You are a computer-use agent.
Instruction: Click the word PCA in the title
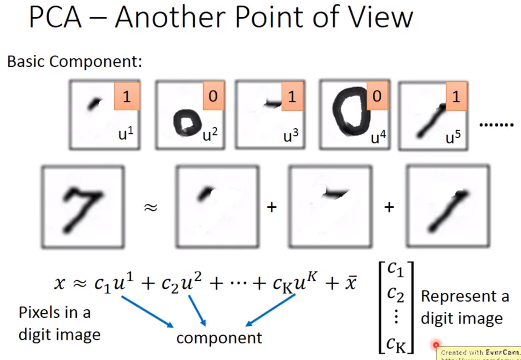coord(55,17)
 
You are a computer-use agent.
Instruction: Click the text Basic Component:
coord(74,61)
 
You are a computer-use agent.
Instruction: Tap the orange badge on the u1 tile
coord(126,96)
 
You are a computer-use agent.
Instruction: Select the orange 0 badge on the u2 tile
coord(213,96)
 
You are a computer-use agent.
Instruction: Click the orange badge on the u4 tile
coord(377,96)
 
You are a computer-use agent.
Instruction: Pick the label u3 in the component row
coord(291,136)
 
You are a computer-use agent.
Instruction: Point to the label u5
coord(453,137)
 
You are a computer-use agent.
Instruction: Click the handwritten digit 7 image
coord(83,207)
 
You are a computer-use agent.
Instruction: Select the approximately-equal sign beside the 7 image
coord(150,207)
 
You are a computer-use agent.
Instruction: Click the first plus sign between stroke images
coord(271,207)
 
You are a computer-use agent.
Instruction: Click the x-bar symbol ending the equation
coord(351,284)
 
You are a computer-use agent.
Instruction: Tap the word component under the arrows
coord(219,338)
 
